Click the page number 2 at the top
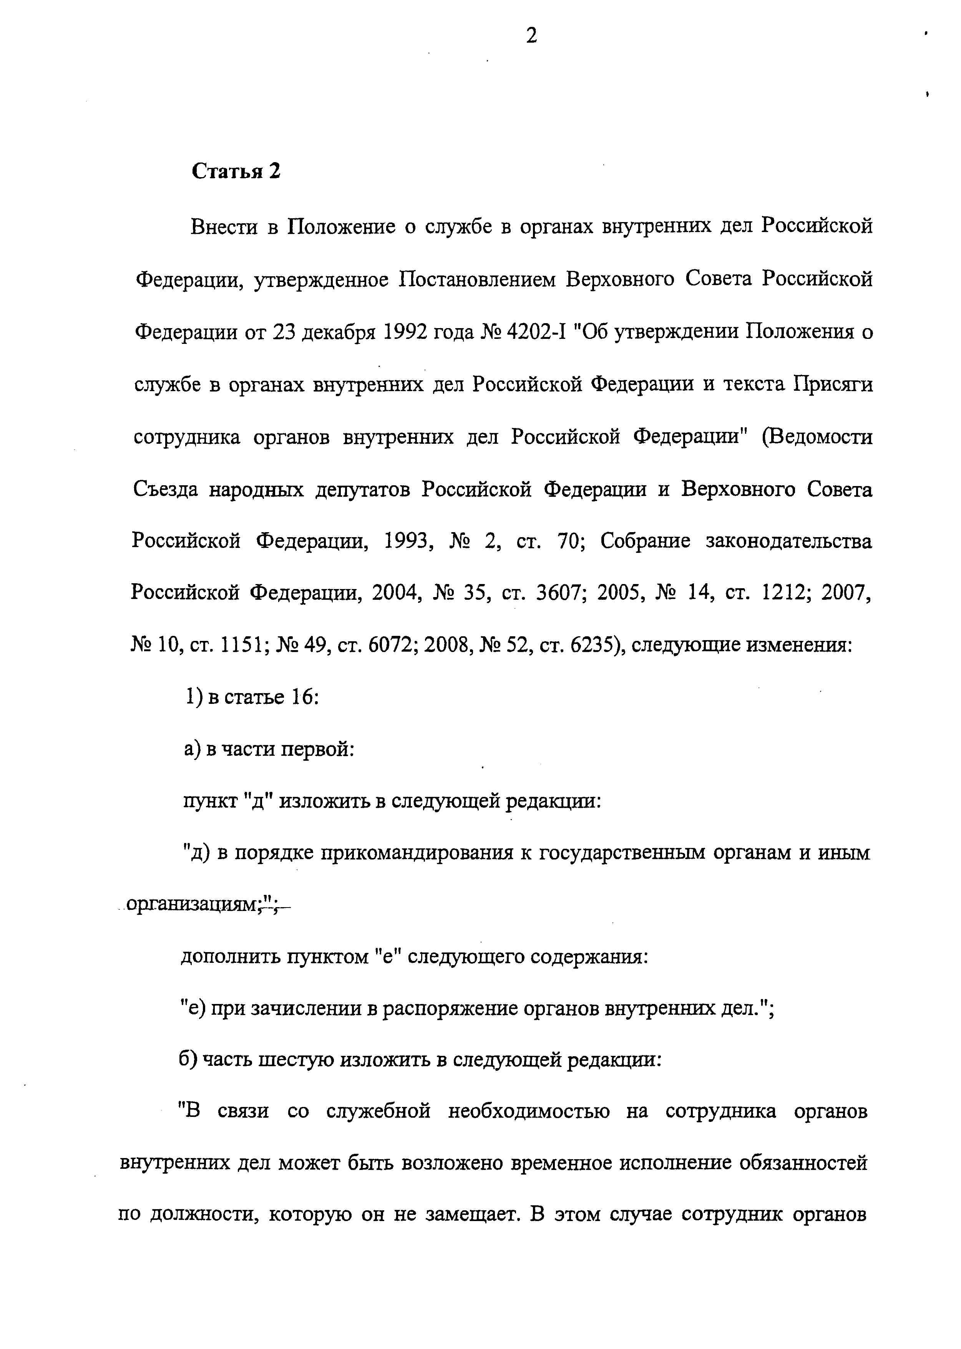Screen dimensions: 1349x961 (531, 37)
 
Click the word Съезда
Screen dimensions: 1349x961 (165, 490)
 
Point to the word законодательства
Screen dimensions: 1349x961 (789, 541)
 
